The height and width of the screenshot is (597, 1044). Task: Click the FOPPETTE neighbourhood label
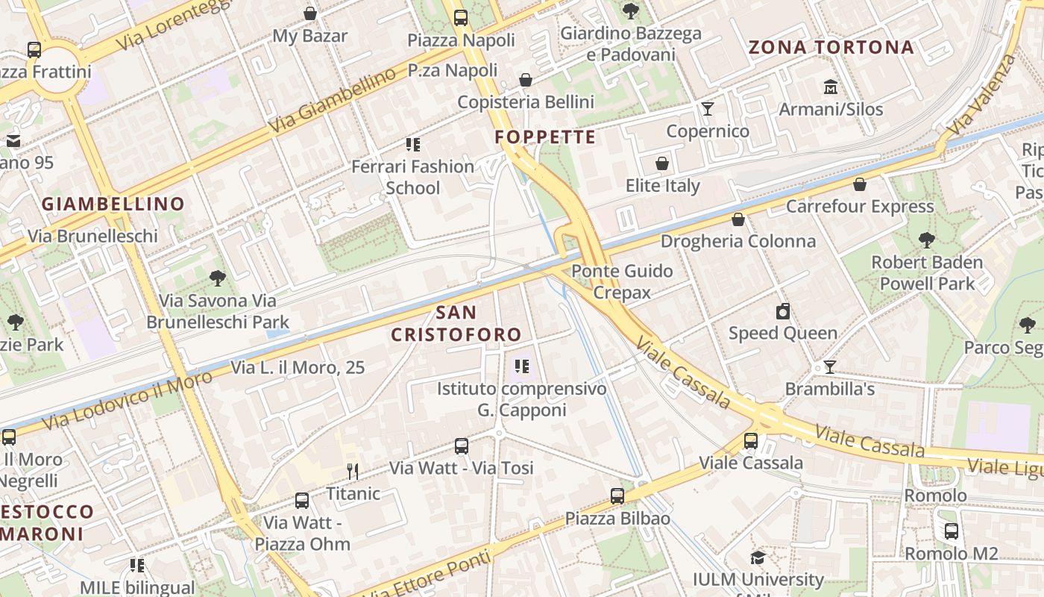pos(545,137)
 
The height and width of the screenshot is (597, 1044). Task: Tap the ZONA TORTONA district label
pos(831,48)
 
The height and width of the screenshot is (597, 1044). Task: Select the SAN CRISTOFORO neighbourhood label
pos(456,323)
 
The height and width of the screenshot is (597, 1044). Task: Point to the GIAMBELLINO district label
pos(113,204)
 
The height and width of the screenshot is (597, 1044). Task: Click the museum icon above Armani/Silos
pos(831,87)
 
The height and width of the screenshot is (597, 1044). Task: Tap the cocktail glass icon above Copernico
pos(708,110)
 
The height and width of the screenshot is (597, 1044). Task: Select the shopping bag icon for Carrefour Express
pos(860,184)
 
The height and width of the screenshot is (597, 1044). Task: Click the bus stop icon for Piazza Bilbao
pos(617,496)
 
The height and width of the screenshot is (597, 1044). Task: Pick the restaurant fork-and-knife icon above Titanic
pos(353,471)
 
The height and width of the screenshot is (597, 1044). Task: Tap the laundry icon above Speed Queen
pos(783,311)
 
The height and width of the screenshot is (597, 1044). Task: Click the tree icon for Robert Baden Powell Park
pos(927,240)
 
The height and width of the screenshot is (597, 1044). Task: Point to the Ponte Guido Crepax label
pos(622,281)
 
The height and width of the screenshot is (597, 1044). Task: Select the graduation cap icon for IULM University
pos(758,557)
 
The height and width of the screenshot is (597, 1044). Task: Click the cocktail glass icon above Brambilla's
pos(829,366)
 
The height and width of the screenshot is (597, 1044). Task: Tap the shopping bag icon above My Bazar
pos(310,13)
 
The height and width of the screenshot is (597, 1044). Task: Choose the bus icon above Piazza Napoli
pos(461,18)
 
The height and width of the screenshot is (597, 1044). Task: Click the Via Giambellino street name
pos(332,101)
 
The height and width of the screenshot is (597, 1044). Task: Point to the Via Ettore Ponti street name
pos(431,576)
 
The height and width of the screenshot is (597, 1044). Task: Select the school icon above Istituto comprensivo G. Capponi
pos(522,366)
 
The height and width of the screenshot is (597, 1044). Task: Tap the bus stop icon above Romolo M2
pos(952,531)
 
